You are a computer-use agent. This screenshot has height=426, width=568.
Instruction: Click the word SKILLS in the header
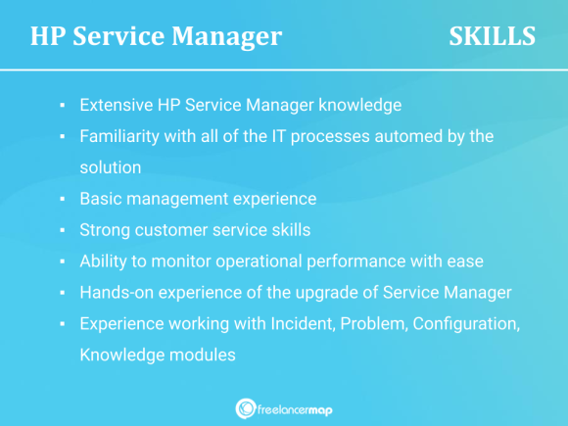(x=492, y=37)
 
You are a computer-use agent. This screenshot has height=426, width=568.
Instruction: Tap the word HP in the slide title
(x=49, y=37)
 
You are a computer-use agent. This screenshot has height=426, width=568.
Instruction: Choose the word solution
(x=111, y=167)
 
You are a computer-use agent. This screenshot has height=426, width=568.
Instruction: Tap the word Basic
(x=100, y=199)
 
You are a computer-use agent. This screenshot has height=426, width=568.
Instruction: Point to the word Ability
(x=104, y=261)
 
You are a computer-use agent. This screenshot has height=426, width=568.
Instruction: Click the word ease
(x=465, y=261)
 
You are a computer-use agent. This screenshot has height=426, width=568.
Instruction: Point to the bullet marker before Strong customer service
(x=62, y=231)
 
